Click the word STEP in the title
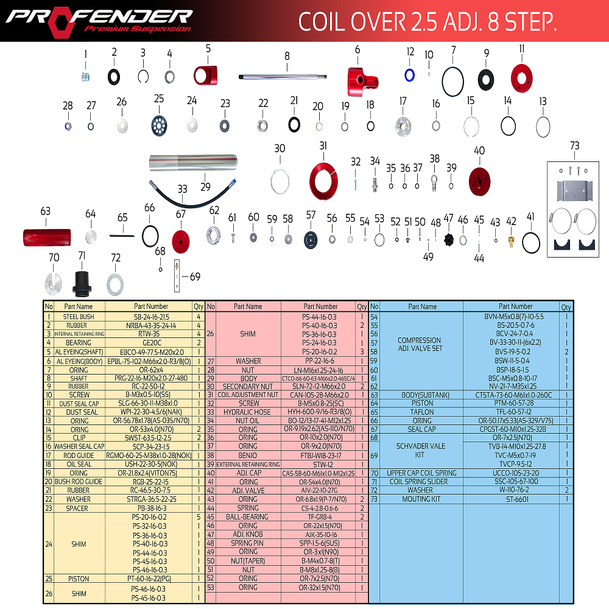pyautogui.click(x=526, y=22)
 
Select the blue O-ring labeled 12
pyautogui.click(x=410, y=74)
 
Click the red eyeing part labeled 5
pyautogui.click(x=205, y=75)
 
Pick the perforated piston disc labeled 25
pyautogui.click(x=160, y=125)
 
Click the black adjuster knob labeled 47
pyautogui.click(x=449, y=239)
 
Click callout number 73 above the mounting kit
pyautogui.click(x=574, y=146)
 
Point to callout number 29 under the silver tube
pyautogui.click(x=205, y=186)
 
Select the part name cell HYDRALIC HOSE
pyautogui.click(x=248, y=412)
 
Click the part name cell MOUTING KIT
pyautogui.click(x=421, y=499)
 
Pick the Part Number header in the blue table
pyautogui.click(x=515, y=306)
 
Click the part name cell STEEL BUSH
pyautogui.click(x=79, y=317)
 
